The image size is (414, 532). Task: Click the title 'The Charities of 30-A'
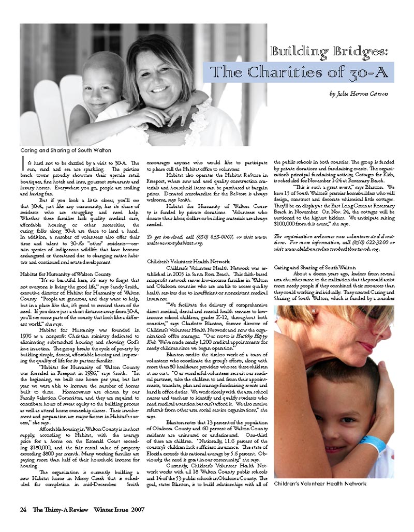[298, 72]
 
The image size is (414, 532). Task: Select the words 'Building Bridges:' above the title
[330, 52]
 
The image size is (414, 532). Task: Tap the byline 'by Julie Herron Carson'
[358, 94]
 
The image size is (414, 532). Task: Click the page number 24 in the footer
[23, 509]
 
